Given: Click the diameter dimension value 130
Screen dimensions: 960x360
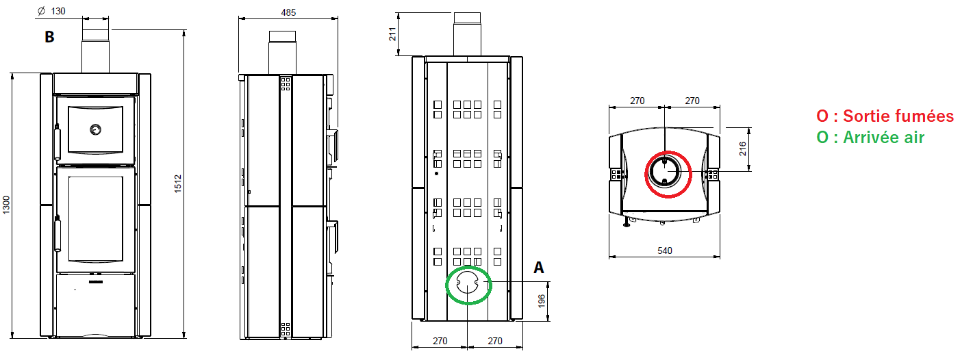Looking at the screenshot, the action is point(58,11).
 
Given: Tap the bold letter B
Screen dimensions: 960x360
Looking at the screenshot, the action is point(49,37).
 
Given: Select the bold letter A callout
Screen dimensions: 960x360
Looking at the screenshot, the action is point(539,268).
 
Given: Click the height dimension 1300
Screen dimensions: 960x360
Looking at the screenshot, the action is point(6,205).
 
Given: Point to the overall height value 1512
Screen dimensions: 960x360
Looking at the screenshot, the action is point(178,183).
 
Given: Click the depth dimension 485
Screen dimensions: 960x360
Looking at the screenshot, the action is point(288,12).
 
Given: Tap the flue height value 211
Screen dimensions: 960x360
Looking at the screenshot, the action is point(392,34).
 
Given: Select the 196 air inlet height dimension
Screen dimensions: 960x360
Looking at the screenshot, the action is point(542,301).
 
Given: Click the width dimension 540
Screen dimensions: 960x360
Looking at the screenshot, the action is point(665,250).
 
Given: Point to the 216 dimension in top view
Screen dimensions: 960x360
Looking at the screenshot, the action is point(743,149).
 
